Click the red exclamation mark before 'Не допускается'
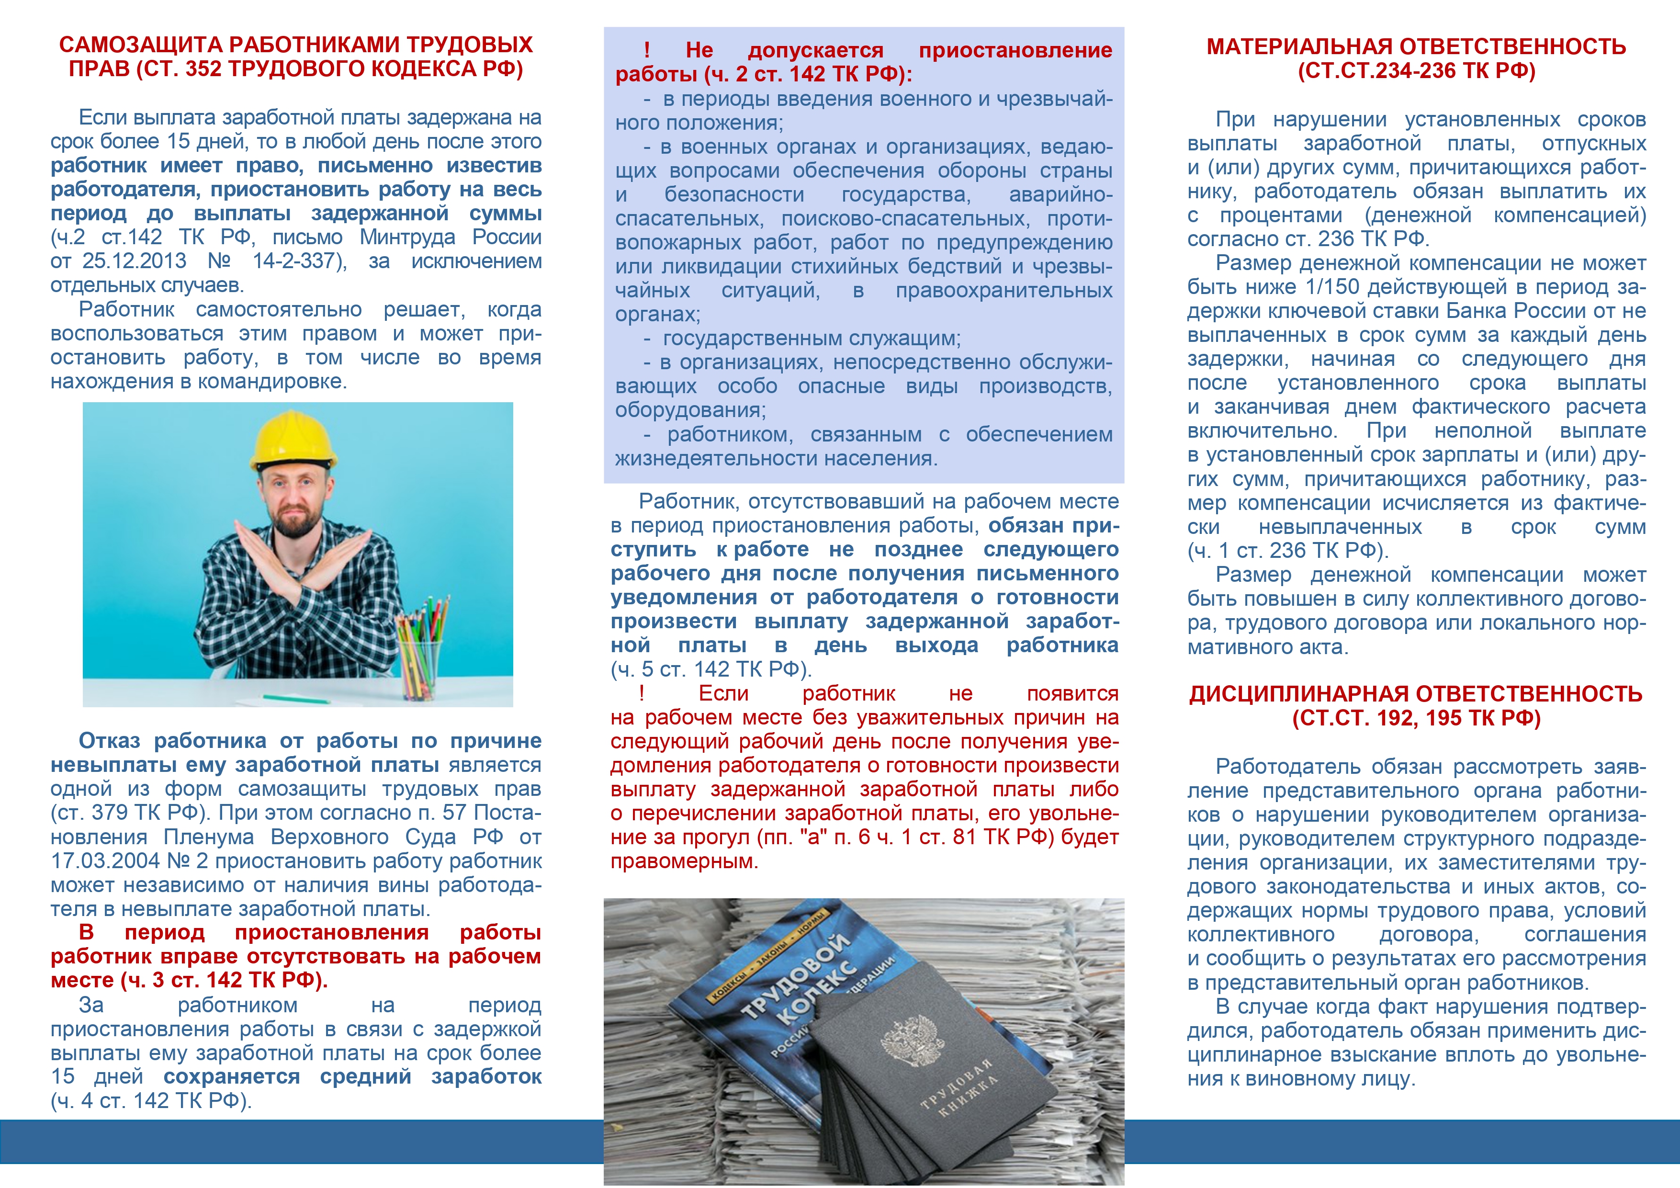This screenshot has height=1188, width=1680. pyautogui.click(x=647, y=50)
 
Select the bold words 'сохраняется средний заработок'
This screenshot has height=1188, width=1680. pyautogui.click(x=352, y=1077)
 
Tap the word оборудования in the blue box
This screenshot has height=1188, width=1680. pyautogui.click(x=689, y=410)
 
